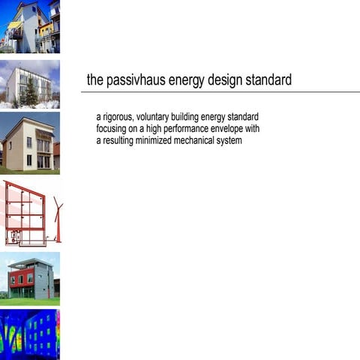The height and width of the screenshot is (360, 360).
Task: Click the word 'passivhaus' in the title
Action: click(132, 80)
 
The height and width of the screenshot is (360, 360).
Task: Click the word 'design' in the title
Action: click(226, 80)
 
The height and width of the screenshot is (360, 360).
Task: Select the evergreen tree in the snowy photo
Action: click(32, 93)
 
